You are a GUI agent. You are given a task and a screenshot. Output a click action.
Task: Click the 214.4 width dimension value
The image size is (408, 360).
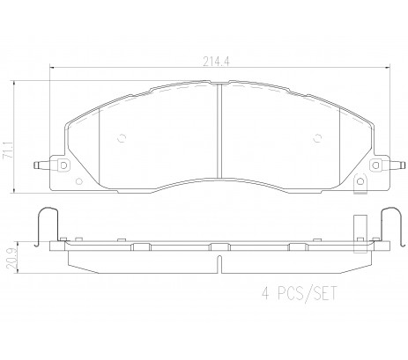coord(216,62)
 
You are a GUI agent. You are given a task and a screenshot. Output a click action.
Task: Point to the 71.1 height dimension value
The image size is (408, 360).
coord(8,151)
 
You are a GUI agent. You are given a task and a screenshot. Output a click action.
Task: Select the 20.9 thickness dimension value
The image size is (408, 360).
coord(11,258)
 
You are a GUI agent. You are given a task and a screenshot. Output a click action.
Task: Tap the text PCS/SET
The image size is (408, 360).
coord(307,293)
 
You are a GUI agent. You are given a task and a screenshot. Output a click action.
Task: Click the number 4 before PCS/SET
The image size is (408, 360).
coord(265,293)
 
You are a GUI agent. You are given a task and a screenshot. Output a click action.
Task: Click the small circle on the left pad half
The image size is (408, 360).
coord(122,137)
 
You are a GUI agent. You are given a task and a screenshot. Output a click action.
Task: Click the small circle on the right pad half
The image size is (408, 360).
coord(317,137)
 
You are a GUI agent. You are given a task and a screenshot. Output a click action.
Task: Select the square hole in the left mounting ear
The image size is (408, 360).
coord(63,165)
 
